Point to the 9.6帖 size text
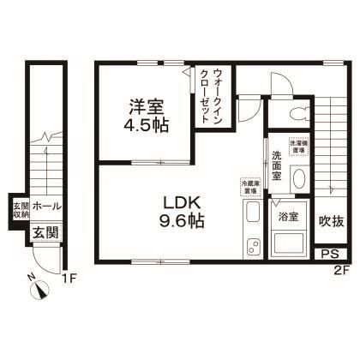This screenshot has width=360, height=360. click(183, 220)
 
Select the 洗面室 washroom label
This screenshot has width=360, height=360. click(278, 165)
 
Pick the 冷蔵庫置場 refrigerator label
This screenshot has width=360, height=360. click(250, 185)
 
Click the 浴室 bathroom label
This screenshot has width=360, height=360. click(288, 217)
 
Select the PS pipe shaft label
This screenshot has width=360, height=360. click(327, 255)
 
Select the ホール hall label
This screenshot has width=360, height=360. click(47, 206)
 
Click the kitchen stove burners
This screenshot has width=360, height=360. click(252, 213)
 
